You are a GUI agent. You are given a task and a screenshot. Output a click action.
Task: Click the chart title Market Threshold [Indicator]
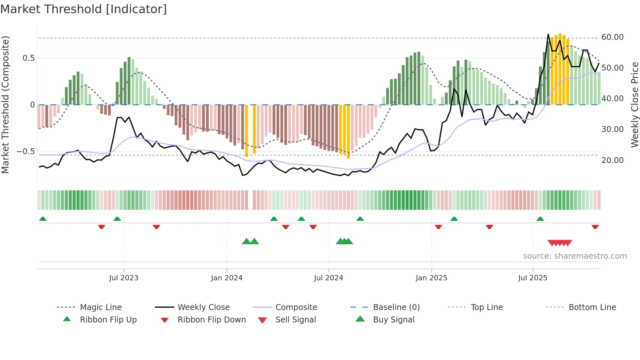pos(84,9)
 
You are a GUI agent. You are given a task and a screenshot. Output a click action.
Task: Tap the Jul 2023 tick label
pos(124,278)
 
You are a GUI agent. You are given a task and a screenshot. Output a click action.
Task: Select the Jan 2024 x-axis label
pos(227,278)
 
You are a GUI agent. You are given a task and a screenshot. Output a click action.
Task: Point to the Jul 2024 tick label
pos(328,278)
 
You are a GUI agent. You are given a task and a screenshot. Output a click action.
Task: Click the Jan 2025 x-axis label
pos(431,278)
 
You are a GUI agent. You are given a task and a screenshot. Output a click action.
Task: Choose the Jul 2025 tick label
pos(533,278)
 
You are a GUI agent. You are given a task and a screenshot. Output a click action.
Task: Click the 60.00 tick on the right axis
pos(612,37)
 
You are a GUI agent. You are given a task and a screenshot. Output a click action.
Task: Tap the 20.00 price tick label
pos(612,160)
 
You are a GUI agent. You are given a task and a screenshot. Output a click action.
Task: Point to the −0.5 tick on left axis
pos(25,152)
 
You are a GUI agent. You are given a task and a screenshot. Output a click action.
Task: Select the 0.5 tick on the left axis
pos(28,58)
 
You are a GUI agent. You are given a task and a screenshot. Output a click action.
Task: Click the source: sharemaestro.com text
pos(575,256)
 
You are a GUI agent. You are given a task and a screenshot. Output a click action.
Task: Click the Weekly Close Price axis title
pos(634,105)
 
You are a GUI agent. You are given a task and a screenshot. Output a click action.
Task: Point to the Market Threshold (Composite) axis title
pos(5,105)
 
